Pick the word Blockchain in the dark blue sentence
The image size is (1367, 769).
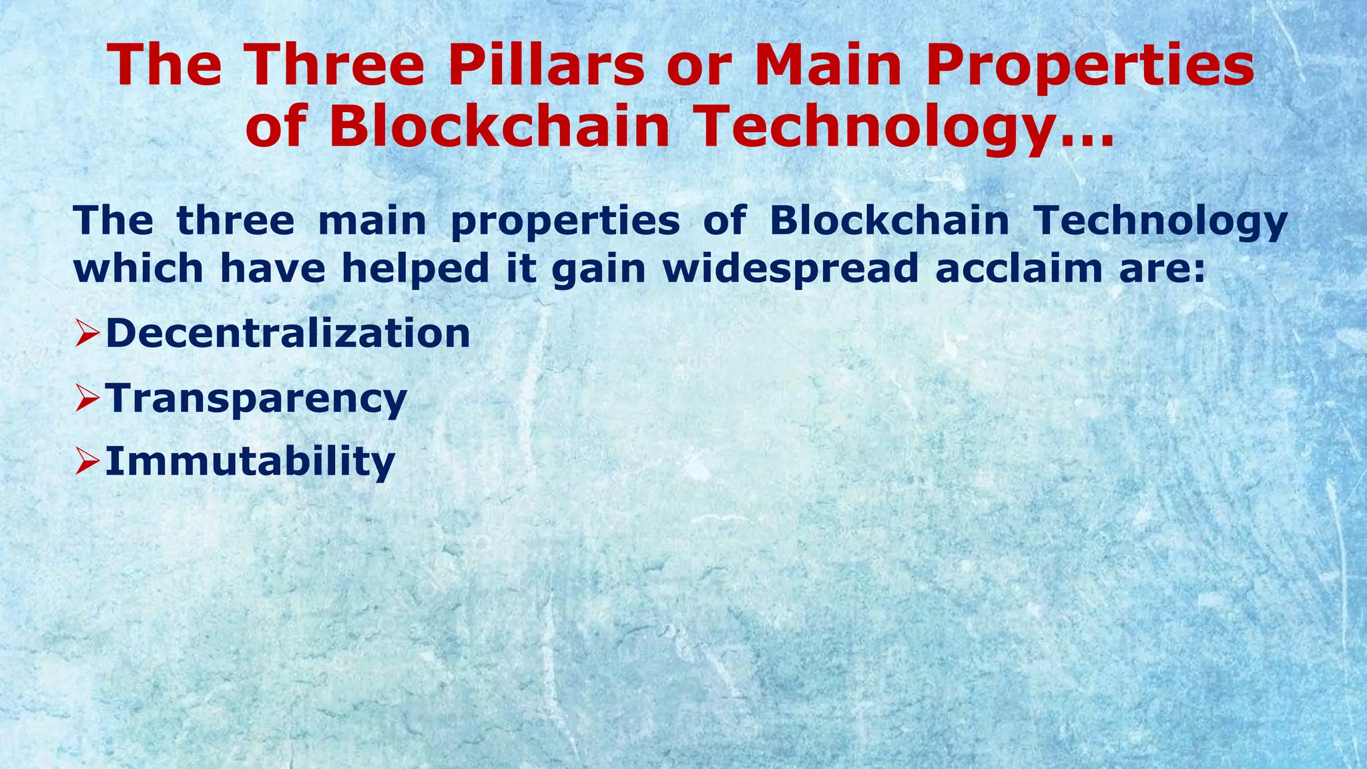889,220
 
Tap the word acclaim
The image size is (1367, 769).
1018,268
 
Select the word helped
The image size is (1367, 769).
416,268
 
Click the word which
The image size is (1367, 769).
138,268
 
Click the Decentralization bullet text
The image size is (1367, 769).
288,332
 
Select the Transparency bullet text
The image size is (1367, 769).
256,399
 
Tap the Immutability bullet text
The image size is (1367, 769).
250,461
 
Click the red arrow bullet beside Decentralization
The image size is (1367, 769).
87,333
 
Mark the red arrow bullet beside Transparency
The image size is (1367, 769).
87,398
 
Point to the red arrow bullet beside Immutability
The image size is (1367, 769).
87,461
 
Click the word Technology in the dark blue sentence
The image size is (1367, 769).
1160,222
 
